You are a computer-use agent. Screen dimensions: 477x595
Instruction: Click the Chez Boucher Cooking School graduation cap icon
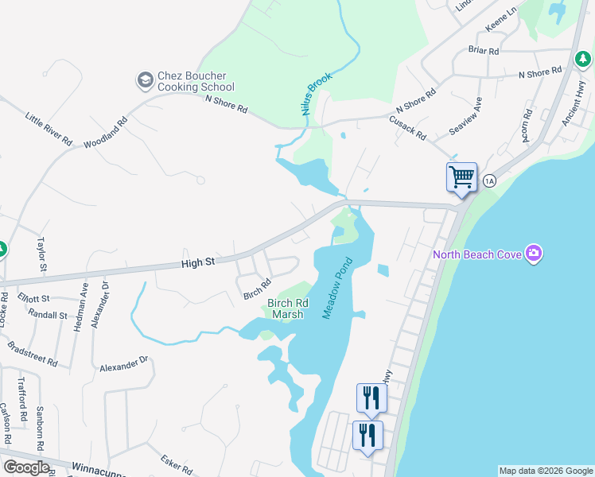point(145,79)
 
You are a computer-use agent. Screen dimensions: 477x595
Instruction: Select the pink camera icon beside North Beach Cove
point(534,254)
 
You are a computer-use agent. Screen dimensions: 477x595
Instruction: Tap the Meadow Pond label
point(336,289)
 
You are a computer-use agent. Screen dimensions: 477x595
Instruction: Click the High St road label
point(198,262)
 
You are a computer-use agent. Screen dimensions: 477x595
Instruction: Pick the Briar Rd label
point(484,50)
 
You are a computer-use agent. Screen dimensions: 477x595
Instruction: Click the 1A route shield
point(488,181)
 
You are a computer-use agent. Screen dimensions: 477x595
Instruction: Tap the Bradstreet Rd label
point(32,355)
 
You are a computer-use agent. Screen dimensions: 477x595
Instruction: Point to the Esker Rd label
point(177,463)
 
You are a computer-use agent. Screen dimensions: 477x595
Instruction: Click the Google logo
point(26,467)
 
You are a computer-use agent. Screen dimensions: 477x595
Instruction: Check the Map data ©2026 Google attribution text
point(546,471)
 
